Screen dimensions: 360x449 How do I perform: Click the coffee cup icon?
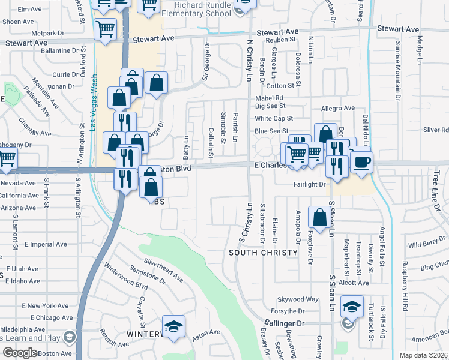coord(361,163)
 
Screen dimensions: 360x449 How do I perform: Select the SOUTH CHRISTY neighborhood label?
coord(263,253)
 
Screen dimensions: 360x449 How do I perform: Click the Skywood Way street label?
coord(297,299)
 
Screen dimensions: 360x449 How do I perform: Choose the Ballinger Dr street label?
coord(283,323)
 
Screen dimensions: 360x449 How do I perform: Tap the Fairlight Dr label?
coord(309,184)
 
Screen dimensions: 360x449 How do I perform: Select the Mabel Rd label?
coord(268,97)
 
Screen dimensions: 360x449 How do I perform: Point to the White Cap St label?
coord(273,118)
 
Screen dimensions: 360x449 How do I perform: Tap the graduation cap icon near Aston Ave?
coord(173,327)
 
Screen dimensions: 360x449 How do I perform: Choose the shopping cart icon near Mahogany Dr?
coord(7,158)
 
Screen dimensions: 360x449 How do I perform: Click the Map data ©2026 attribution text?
coord(424,355)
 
